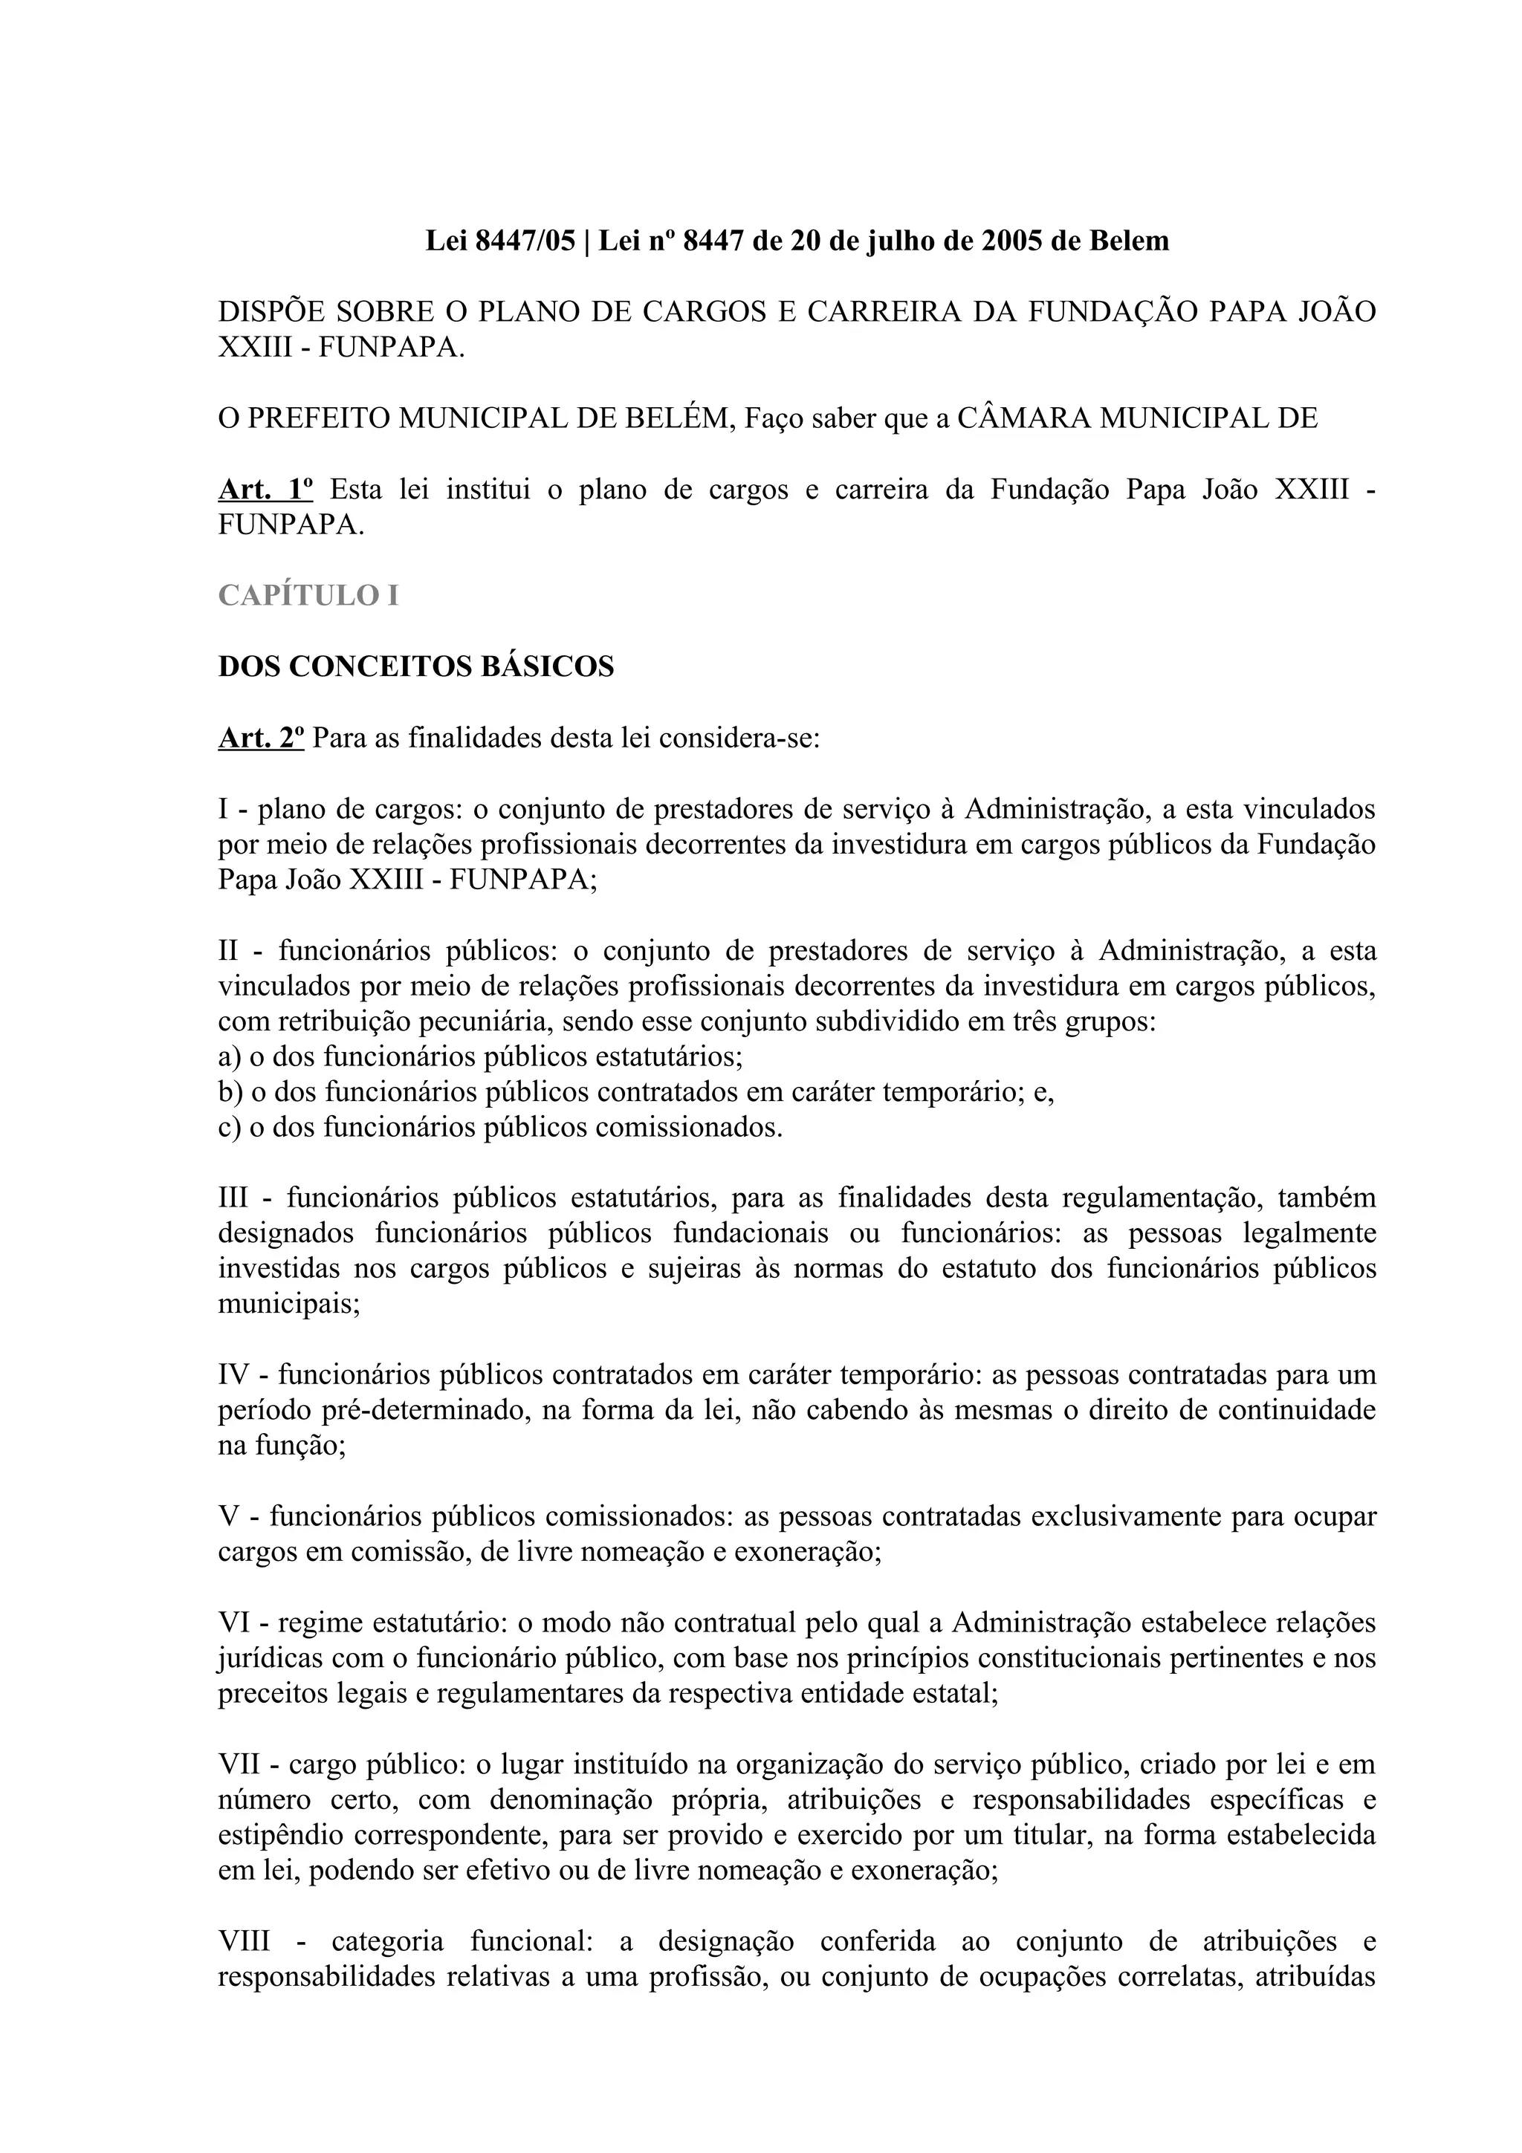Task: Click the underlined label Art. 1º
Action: pyautogui.click(x=265, y=490)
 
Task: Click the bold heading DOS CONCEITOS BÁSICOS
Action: pyautogui.click(x=415, y=666)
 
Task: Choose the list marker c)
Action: pyautogui.click(x=229, y=1127)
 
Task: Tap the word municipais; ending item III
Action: pyautogui.click(x=289, y=1305)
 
